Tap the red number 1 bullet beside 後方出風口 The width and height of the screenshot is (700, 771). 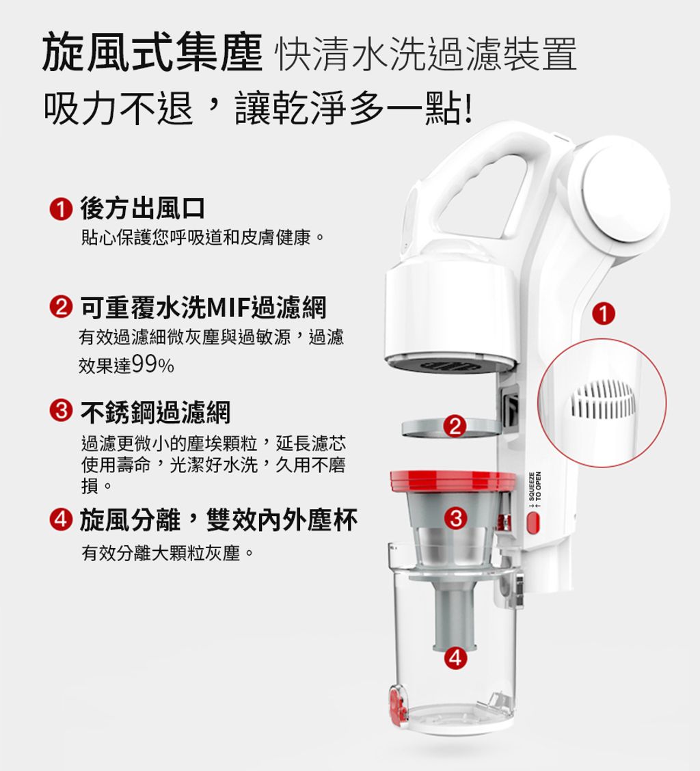pos(61,209)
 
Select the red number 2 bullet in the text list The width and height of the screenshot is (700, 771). pos(61,308)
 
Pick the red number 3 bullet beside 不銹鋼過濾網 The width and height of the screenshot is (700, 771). pos(61,410)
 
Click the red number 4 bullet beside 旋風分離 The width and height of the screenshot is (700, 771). pos(61,519)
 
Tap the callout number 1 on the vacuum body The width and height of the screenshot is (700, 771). pos(604,314)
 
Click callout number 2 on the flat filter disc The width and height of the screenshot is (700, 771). pos(455,427)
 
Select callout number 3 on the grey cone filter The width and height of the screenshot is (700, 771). pos(455,518)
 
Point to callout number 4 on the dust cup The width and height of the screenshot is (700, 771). pos(455,658)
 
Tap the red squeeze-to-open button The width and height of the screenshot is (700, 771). pos(533,523)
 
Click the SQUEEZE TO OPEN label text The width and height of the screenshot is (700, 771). pos(535,490)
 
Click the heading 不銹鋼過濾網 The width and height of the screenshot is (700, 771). pos(155,412)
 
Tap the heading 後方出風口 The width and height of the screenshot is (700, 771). pos(143,208)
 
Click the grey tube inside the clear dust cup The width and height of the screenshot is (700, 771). pos(455,614)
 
